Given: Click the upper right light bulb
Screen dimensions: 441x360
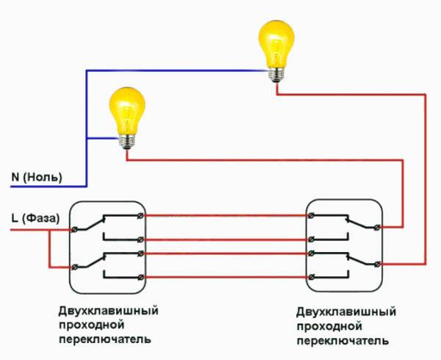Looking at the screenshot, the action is pyautogui.click(x=276, y=51).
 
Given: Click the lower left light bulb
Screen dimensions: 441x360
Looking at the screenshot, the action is pyautogui.click(x=127, y=118).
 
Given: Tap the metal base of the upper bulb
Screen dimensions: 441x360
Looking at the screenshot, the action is pyautogui.click(x=276, y=75).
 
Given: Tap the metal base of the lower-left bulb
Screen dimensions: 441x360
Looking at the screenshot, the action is pyautogui.click(x=127, y=142).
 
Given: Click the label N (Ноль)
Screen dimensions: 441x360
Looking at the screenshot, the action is pyautogui.click(x=37, y=177).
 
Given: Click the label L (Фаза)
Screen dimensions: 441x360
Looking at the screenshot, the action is pyautogui.click(x=35, y=218).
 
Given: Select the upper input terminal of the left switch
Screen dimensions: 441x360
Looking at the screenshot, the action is pyautogui.click(x=74, y=230).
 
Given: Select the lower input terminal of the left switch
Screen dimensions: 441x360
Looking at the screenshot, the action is pyautogui.click(x=74, y=267).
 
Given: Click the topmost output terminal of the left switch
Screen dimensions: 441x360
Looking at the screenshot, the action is pyautogui.click(x=140, y=215).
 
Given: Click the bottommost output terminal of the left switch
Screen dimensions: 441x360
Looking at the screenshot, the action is pyautogui.click(x=140, y=278).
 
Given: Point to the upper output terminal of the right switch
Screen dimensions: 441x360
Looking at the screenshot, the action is pyautogui.click(x=378, y=227).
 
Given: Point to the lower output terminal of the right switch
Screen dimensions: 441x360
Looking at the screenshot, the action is pyautogui.click(x=378, y=264).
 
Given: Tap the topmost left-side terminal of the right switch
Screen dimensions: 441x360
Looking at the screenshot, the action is pyautogui.click(x=311, y=215).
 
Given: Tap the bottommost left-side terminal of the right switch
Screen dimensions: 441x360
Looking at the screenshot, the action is pyautogui.click(x=311, y=278).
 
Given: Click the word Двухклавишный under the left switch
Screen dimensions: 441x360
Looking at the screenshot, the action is pyautogui.click(x=109, y=312).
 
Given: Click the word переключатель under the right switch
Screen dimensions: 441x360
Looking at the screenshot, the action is pyautogui.click(x=343, y=341).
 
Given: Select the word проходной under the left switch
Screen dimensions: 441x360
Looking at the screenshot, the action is pyautogui.click(x=92, y=325).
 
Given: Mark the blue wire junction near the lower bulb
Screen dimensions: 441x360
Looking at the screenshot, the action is pyautogui.click(x=87, y=138).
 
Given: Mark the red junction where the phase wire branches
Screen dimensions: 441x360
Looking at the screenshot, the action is pyautogui.click(x=50, y=230).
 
